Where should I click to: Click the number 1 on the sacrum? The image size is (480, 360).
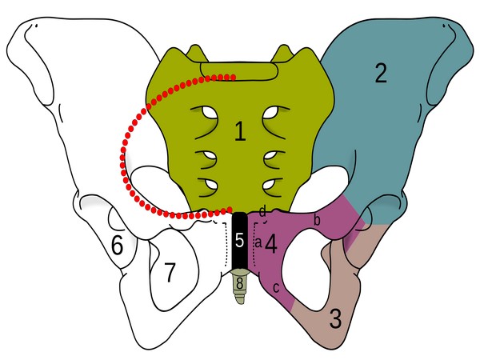point(240,133)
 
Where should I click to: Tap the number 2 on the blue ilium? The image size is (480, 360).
point(380,74)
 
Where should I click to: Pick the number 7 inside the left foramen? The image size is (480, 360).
point(169,272)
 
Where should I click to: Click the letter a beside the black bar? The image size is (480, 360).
point(258,240)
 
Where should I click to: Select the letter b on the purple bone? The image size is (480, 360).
point(317,219)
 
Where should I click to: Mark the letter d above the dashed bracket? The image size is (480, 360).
point(262,211)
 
